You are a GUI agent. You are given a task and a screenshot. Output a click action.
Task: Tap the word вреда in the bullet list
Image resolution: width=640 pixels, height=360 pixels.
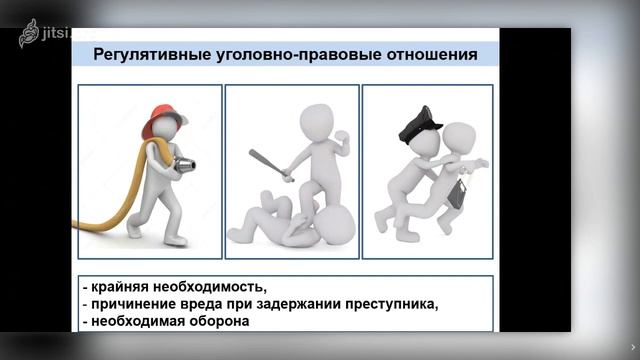coord(206,304)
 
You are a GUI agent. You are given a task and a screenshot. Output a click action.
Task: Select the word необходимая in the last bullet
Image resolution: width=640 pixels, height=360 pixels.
coord(139,322)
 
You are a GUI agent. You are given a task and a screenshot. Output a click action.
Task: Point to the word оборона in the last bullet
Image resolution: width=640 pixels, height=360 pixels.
coord(219,322)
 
